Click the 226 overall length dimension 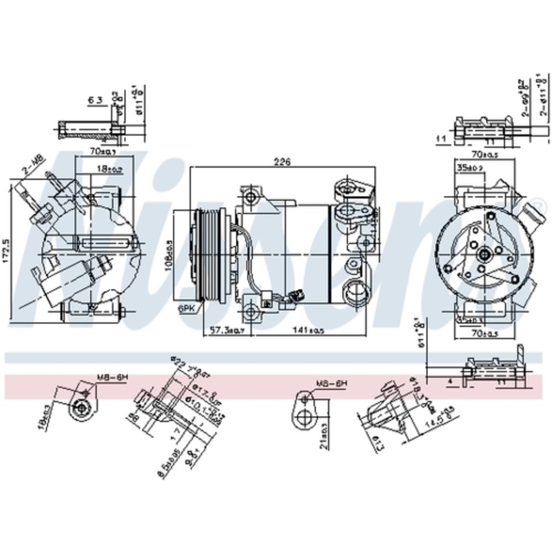pyautogui.click(x=282, y=162)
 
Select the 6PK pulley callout pyautogui.click(x=185, y=310)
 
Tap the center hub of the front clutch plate pyautogui.click(x=484, y=254)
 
